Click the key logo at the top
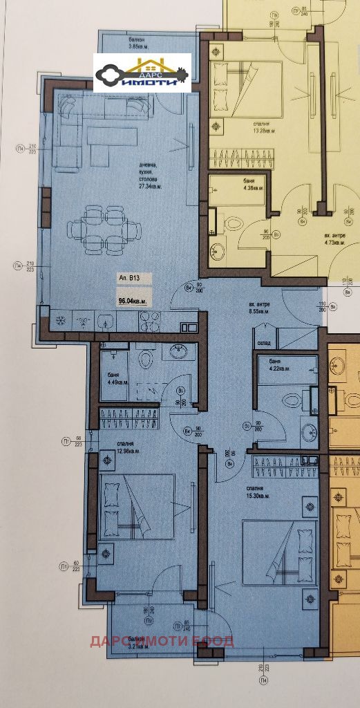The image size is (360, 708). point(143,73)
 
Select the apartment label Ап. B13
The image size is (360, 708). point(129,279)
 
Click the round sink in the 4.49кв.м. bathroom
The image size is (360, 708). point(182,352)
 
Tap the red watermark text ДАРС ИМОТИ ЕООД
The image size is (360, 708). point(162,640)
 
